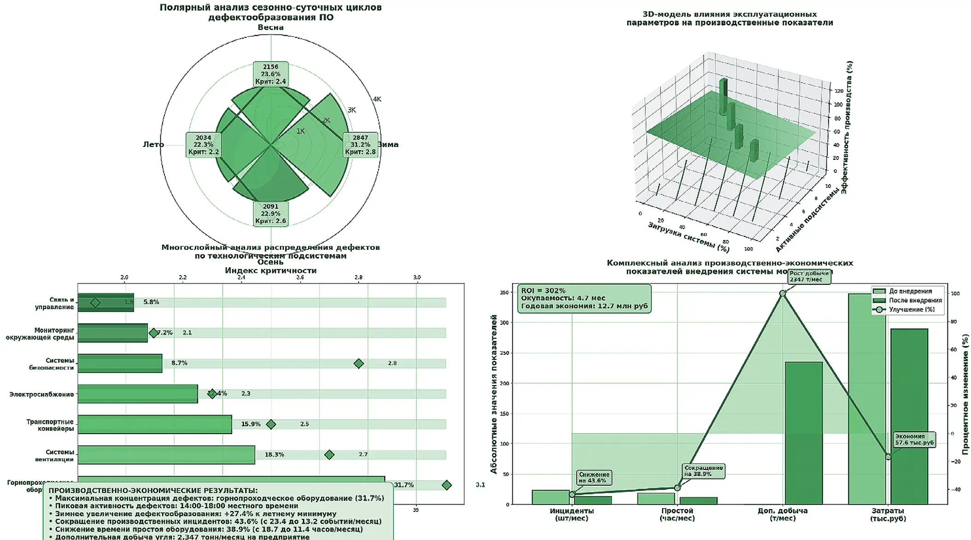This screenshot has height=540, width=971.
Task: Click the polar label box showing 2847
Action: (x=360, y=145)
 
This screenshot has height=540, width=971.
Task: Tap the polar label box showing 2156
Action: (x=270, y=74)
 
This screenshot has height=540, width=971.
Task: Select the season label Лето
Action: (x=153, y=145)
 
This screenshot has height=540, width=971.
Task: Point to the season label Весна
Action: (x=270, y=28)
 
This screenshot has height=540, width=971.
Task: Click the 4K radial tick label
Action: (x=377, y=99)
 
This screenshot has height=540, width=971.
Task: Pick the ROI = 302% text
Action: (x=543, y=291)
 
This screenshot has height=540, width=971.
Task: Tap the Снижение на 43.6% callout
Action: (x=594, y=478)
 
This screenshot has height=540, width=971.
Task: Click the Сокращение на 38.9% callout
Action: (x=703, y=471)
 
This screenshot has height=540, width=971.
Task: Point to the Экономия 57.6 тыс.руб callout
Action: (x=914, y=440)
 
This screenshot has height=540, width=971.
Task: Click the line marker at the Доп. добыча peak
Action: (x=783, y=293)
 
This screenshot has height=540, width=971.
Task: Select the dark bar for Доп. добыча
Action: (x=803, y=433)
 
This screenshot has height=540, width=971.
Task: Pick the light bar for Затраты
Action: (x=866, y=399)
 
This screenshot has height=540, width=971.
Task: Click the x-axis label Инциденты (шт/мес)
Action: (x=572, y=514)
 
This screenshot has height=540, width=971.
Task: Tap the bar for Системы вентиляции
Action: (x=166, y=455)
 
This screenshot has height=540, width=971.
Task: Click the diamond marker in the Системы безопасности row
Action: (x=358, y=364)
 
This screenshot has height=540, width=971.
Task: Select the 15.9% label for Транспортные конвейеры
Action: (x=251, y=424)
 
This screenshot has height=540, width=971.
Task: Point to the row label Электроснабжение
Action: (x=41, y=394)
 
